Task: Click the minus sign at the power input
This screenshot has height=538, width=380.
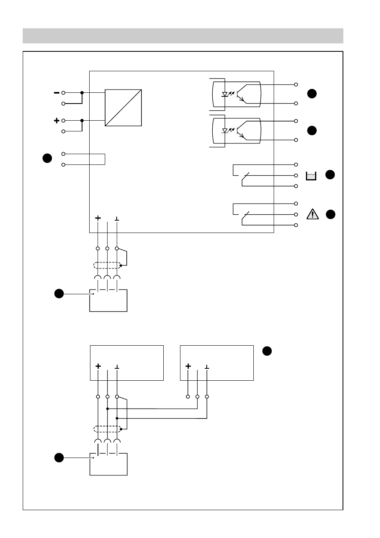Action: tap(57, 92)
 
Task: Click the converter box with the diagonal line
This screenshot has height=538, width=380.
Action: tap(123, 108)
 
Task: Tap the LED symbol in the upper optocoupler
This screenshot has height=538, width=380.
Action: tap(225, 94)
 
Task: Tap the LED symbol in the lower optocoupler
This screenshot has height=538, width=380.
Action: tap(225, 130)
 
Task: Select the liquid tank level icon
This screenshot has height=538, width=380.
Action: tap(311, 176)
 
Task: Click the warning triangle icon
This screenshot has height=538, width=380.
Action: tap(313, 214)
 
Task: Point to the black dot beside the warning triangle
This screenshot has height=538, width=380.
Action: tap(331, 214)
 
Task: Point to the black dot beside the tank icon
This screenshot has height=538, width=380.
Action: tap(330, 174)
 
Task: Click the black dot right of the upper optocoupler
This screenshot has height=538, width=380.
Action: tap(312, 94)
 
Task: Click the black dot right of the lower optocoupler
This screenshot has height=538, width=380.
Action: tap(312, 130)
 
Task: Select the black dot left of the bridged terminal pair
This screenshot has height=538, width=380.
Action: tap(47, 158)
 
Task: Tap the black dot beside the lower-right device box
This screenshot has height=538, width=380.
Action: tap(267, 351)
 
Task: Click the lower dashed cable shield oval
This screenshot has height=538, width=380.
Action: tap(107, 429)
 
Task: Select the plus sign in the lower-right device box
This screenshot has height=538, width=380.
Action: tap(188, 366)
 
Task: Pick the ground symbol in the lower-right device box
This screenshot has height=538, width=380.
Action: tap(207, 366)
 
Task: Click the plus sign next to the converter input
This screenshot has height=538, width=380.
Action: tap(57, 120)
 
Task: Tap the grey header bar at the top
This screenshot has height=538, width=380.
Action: tap(183, 36)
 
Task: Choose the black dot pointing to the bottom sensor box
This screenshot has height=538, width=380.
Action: tap(59, 458)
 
